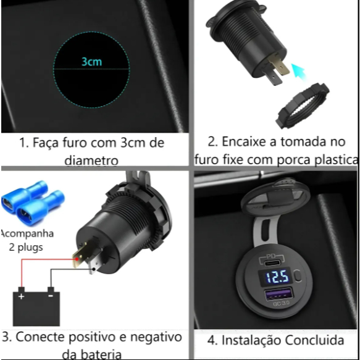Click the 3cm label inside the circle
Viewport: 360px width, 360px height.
pyautogui.click(x=91, y=62)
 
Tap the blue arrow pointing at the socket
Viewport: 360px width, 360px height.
pyautogui.click(x=298, y=72)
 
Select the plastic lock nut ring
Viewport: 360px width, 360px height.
pyautogui.click(x=303, y=106)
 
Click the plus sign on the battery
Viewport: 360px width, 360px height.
pyautogui.click(x=21, y=296)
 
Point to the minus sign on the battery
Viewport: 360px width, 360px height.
pyautogui.click(x=51, y=296)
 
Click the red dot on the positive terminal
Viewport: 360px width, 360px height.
pyautogui.click(x=77, y=259)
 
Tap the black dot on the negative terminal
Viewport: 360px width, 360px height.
pyautogui.click(x=94, y=269)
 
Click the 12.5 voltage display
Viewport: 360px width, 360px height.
pyautogui.click(x=277, y=277)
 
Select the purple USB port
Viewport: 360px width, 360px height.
pyautogui.click(x=278, y=294)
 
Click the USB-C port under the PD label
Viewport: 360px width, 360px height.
pyautogui.click(x=272, y=262)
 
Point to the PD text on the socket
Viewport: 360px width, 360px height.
pyautogui.click(x=272, y=256)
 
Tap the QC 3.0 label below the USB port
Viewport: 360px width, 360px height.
pyautogui.click(x=281, y=303)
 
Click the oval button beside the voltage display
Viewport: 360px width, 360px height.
pyautogui.click(x=298, y=275)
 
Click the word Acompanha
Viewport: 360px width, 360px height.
pyautogui.click(x=27, y=234)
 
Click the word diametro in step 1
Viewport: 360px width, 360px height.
pyautogui.click(x=91, y=161)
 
